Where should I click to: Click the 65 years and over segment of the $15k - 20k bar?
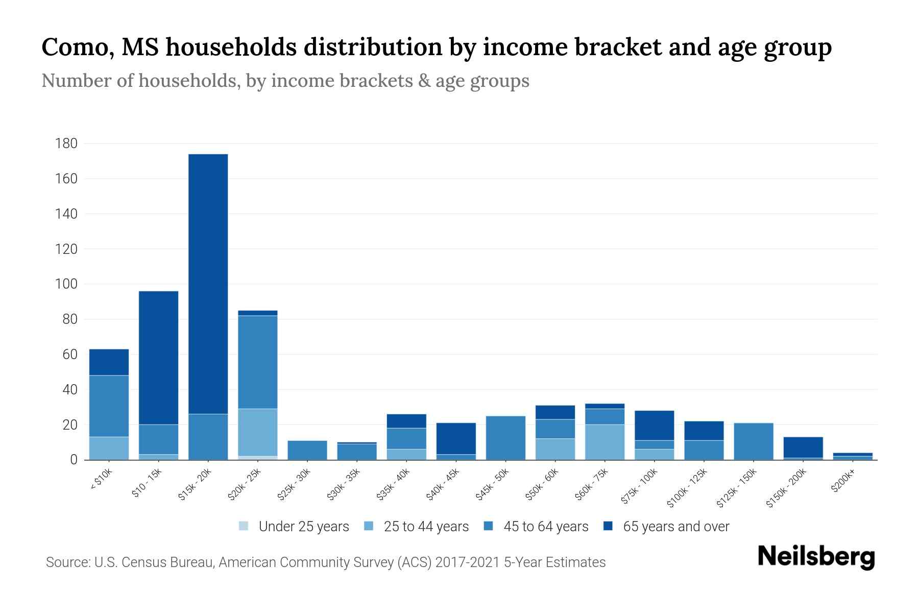click(x=208, y=284)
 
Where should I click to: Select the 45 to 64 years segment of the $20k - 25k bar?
click(x=258, y=362)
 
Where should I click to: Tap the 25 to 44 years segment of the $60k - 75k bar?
click(x=605, y=442)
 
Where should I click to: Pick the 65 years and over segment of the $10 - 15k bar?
click(x=159, y=358)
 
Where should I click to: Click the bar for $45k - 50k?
click(x=506, y=438)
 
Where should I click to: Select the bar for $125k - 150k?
click(x=754, y=441)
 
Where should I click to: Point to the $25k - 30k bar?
click(x=307, y=450)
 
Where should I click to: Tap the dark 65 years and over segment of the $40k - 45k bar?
click(x=456, y=438)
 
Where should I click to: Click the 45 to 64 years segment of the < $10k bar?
click(x=109, y=406)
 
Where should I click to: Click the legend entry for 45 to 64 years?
click(x=536, y=526)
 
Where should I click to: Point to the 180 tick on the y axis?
click(x=66, y=144)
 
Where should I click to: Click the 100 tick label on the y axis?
click(x=66, y=284)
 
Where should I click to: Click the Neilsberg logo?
click(x=816, y=557)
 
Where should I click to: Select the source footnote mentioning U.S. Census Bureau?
click(x=326, y=562)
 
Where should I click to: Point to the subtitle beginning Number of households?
click(x=285, y=81)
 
